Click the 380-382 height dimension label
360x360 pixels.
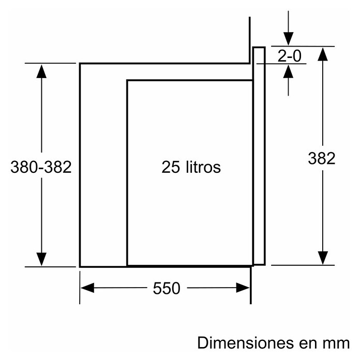coord(41,167)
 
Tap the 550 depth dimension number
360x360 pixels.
coord(167,288)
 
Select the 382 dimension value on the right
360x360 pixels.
coord(321,158)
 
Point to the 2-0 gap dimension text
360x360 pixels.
coord(289,56)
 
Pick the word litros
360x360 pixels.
coord(203,167)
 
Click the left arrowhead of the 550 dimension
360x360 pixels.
coord(87,288)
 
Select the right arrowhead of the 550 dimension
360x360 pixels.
coord(243,288)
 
